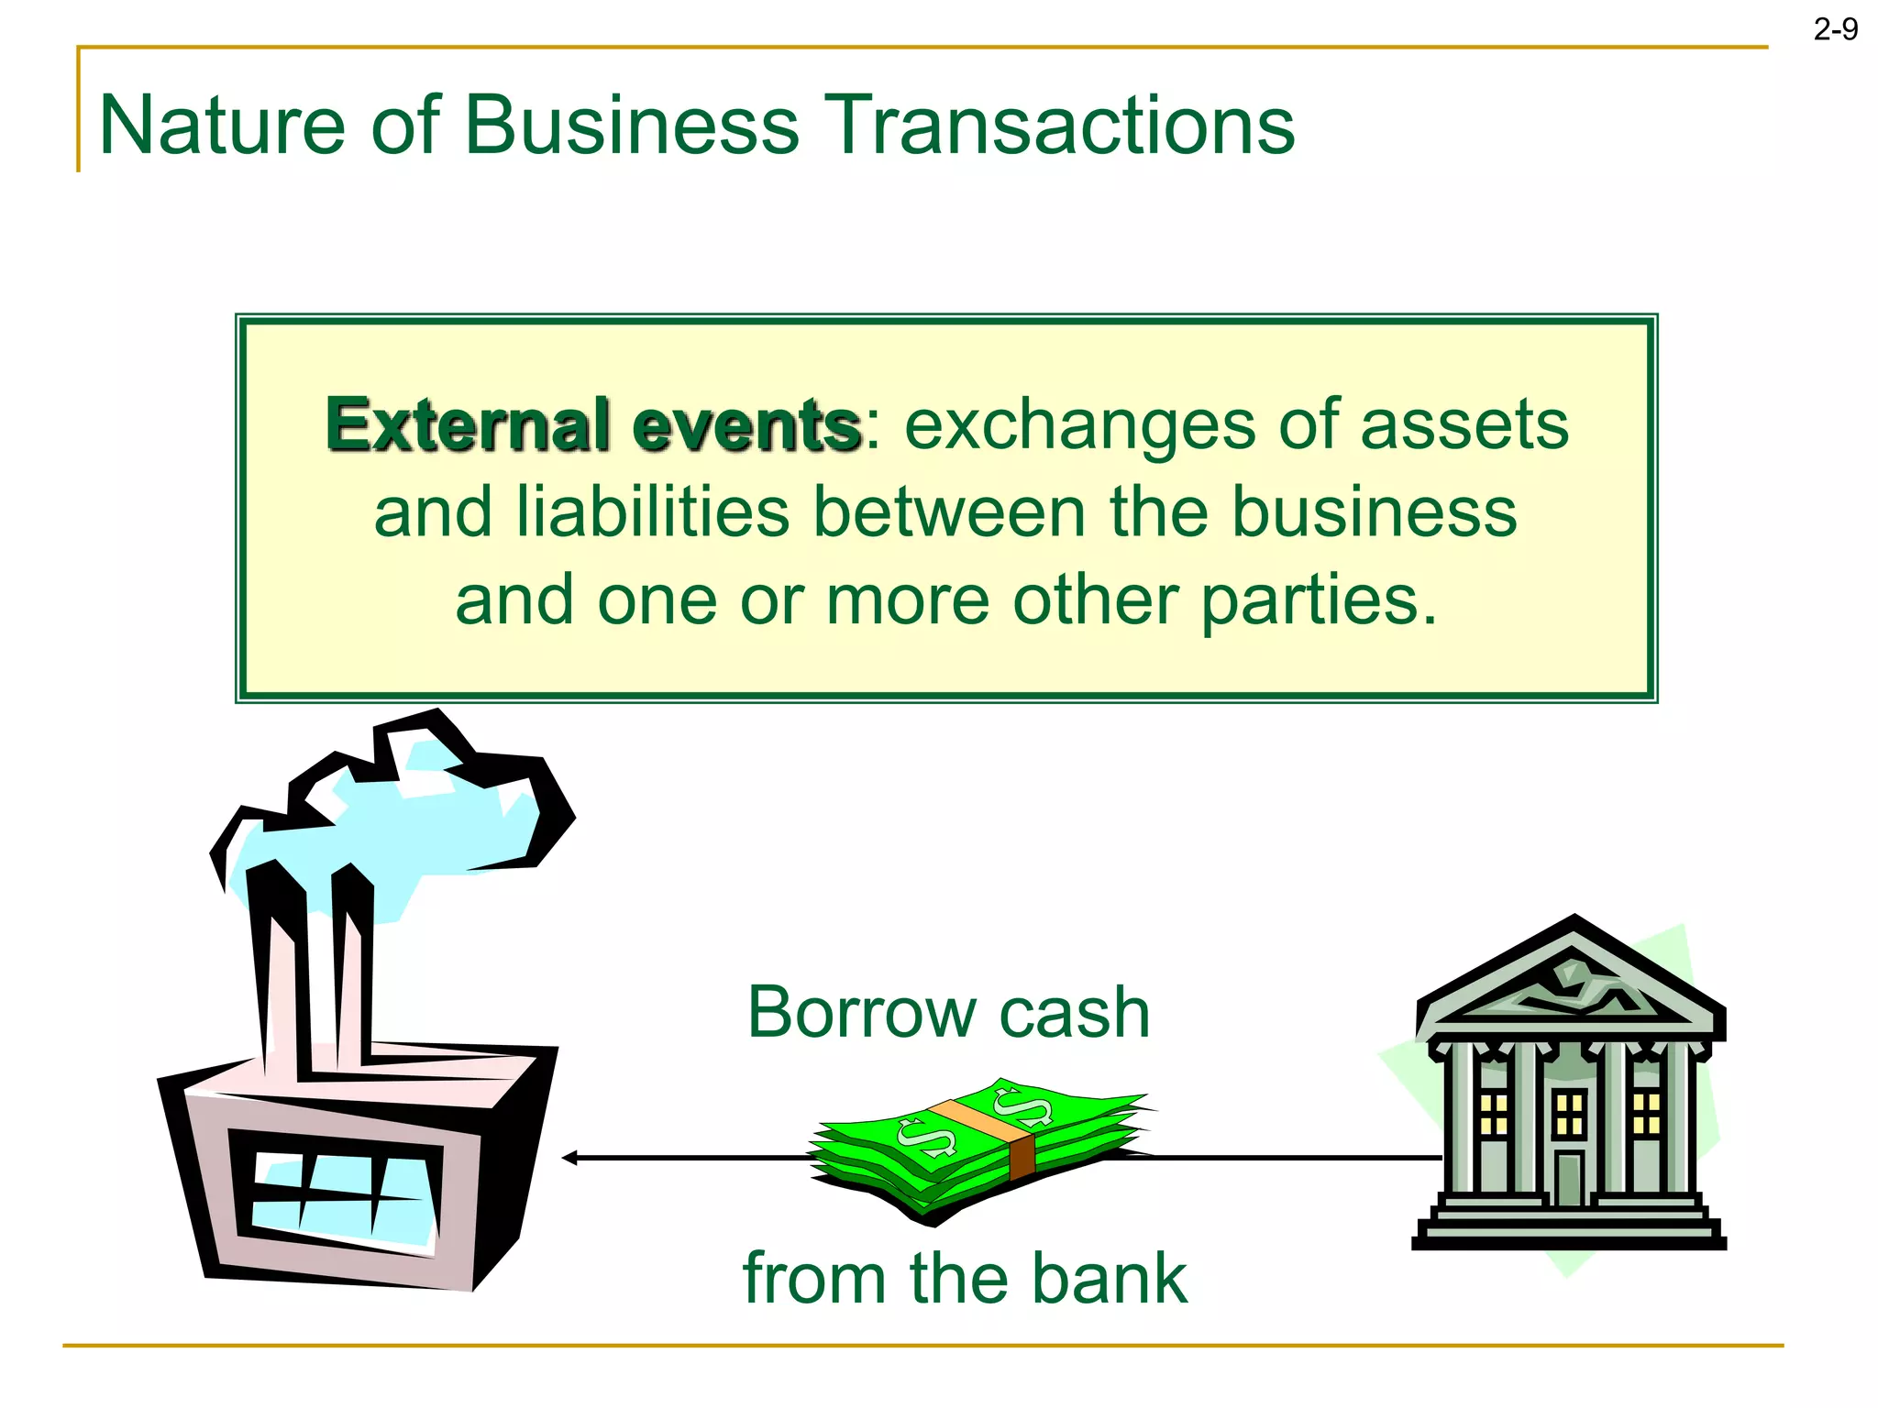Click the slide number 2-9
point(1835,30)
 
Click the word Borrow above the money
point(861,1012)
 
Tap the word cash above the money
point(1074,1012)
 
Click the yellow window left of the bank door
point(1494,1114)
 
